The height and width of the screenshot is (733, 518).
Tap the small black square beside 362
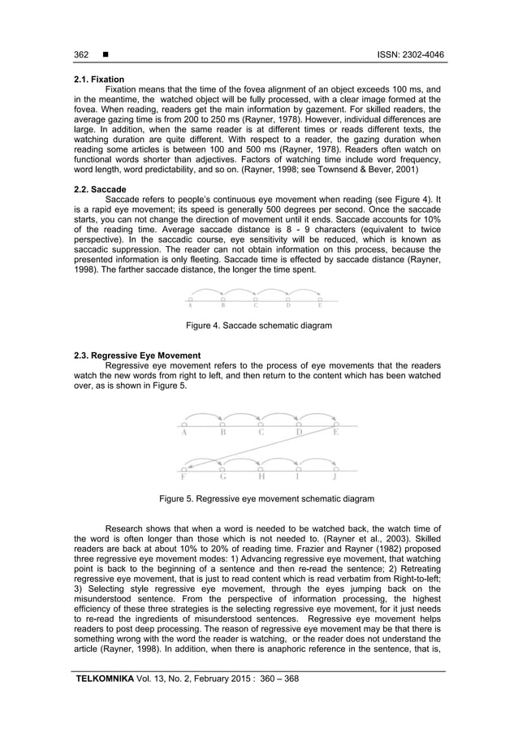[x=105, y=55]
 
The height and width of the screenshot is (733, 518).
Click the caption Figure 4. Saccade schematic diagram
[x=258, y=326]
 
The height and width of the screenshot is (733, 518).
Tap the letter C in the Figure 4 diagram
[x=255, y=306]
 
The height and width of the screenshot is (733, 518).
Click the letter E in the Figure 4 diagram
[x=319, y=306]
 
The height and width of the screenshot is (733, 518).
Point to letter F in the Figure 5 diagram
[x=183, y=477]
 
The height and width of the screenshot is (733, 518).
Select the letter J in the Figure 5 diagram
[x=335, y=477]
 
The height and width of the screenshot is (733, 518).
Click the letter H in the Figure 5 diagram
[x=261, y=477]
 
